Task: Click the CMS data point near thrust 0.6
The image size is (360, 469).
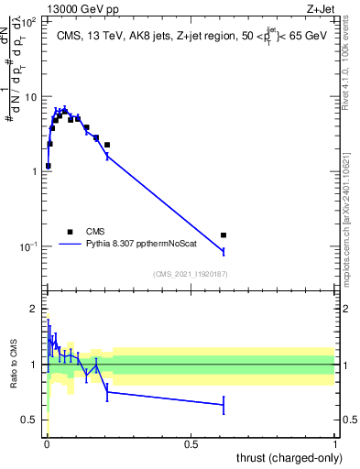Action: pyautogui.click(x=224, y=235)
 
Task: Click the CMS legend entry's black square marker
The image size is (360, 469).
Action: pyautogui.click(x=70, y=232)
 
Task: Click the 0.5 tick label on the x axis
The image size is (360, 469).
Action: pyautogui.click(x=191, y=444)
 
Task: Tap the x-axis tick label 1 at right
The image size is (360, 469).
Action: pyautogui.click(x=335, y=444)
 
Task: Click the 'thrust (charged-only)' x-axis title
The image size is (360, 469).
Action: pyautogui.click(x=286, y=459)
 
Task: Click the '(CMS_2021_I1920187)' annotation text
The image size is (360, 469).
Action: pyautogui.click(x=191, y=274)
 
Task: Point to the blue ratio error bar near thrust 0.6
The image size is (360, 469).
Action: pyautogui.click(x=224, y=404)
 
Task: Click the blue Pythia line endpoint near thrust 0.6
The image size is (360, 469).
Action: pyautogui.click(x=224, y=251)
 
